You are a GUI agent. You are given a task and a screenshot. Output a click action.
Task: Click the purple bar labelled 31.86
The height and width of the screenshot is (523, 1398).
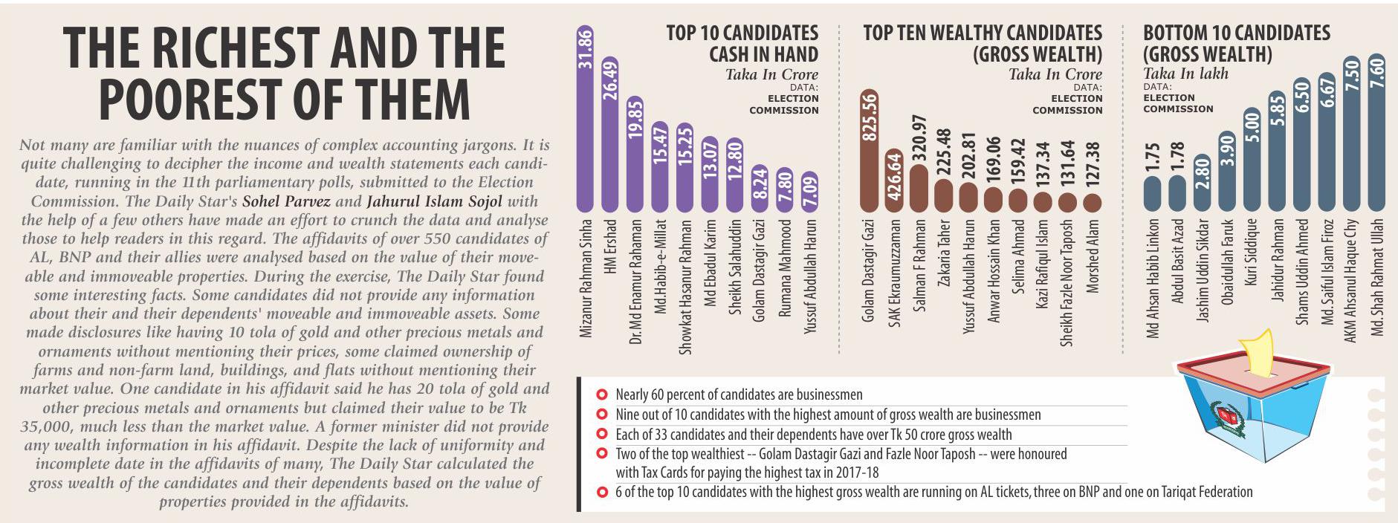[x=585, y=119]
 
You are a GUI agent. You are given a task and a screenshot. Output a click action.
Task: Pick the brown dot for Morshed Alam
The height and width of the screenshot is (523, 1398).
[x=1093, y=202]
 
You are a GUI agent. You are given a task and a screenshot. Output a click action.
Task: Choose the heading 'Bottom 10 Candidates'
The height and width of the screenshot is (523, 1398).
[x=1237, y=33]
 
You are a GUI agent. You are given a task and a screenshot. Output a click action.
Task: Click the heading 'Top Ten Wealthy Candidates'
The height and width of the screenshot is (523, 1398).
[x=983, y=33]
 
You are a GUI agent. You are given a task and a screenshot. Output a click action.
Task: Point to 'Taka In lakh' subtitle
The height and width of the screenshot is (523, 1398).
[x=1185, y=74]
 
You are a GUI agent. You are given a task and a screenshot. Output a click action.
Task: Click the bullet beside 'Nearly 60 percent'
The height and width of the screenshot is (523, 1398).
[x=601, y=394]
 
